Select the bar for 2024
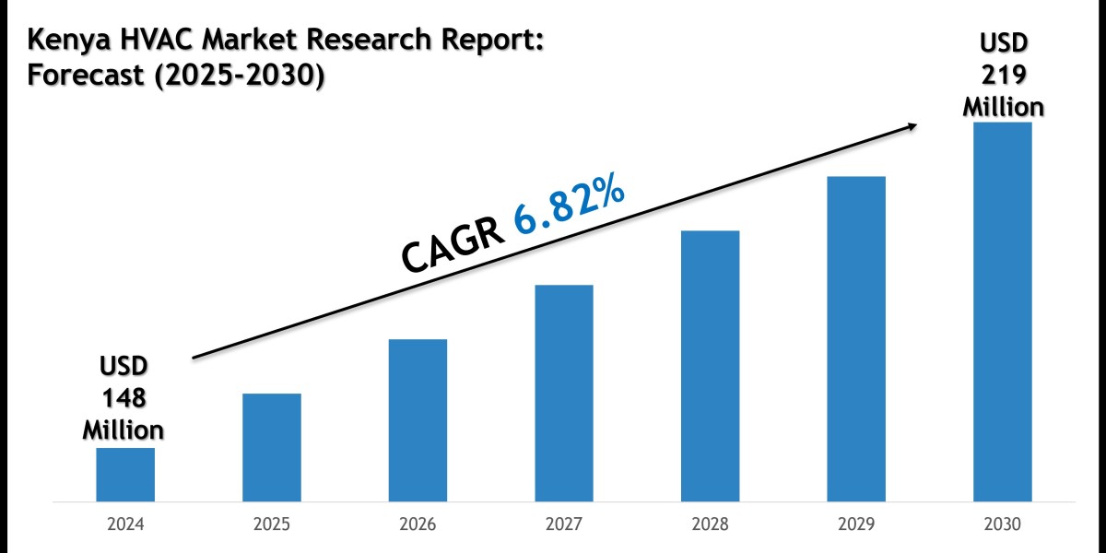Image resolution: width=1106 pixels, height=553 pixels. (x=125, y=475)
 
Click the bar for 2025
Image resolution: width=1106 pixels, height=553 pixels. (x=271, y=448)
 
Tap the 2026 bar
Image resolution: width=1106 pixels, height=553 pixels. (x=418, y=420)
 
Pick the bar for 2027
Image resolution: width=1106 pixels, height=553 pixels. (x=563, y=394)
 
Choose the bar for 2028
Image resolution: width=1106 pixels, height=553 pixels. (x=710, y=366)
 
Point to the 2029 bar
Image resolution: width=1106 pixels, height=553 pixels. (x=856, y=339)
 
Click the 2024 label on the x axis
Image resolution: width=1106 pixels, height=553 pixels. (x=125, y=524)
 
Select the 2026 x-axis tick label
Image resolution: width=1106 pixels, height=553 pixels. (x=418, y=524)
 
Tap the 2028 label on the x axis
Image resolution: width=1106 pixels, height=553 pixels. (x=710, y=524)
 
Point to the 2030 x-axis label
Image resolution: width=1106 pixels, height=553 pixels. (x=1002, y=524)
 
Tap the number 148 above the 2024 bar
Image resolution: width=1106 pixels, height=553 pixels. (x=124, y=398)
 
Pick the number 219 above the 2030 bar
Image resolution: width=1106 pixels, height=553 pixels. (x=1003, y=75)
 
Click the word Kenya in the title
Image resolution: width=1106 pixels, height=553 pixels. (x=68, y=41)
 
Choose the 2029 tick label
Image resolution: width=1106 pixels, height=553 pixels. (x=856, y=524)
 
